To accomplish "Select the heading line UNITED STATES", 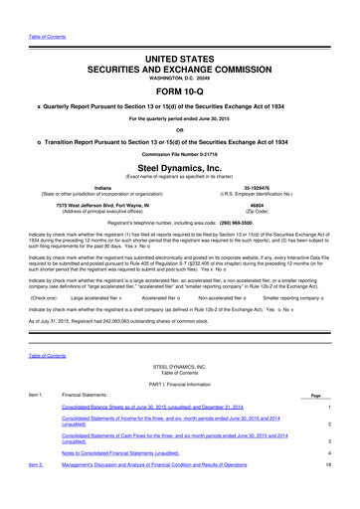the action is click(179, 34).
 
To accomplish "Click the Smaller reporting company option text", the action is click(293, 298).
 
